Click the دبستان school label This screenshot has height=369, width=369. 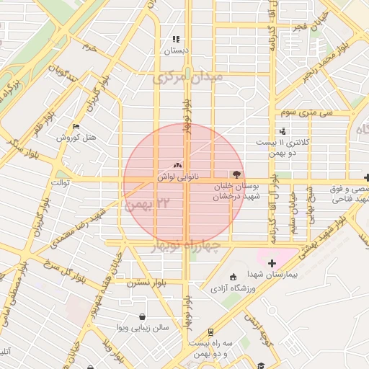click(x=175, y=51)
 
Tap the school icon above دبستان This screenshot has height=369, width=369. click(x=175, y=40)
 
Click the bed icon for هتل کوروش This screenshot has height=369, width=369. click(x=76, y=126)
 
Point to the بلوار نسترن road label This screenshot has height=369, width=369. click(x=147, y=283)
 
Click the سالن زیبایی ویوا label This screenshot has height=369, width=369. click(x=145, y=328)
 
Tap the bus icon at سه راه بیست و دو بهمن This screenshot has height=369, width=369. click(x=210, y=333)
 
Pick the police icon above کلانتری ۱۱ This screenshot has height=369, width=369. click(x=282, y=131)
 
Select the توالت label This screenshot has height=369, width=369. click(x=59, y=182)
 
